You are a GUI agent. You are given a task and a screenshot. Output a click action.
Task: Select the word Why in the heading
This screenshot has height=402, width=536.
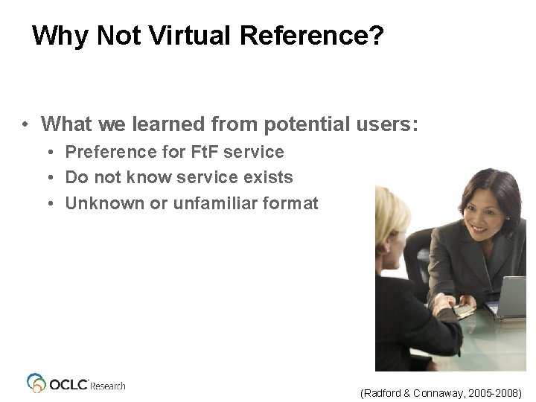tap(57, 35)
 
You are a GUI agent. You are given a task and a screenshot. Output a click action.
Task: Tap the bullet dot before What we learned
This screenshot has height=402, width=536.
tap(25, 124)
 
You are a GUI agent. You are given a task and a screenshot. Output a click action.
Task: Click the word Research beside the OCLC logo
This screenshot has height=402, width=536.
tap(108, 386)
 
